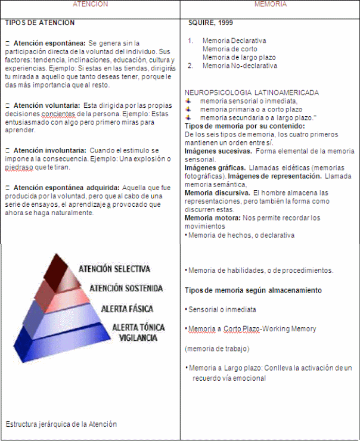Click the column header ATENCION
(x=90, y=4)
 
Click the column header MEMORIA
(x=270, y=4)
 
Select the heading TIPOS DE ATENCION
(x=40, y=23)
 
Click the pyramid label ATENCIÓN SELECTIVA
(x=114, y=269)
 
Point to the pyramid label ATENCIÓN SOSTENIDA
(x=126, y=288)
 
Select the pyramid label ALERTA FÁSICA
(x=127, y=309)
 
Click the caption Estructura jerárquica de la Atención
(x=61, y=424)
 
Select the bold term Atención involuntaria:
(x=49, y=150)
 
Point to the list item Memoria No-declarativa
(x=240, y=66)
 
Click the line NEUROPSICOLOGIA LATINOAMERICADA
(x=252, y=93)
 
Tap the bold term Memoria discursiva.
(x=217, y=192)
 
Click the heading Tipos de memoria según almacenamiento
(x=253, y=290)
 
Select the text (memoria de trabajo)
(x=217, y=348)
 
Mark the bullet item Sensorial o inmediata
(x=222, y=310)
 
